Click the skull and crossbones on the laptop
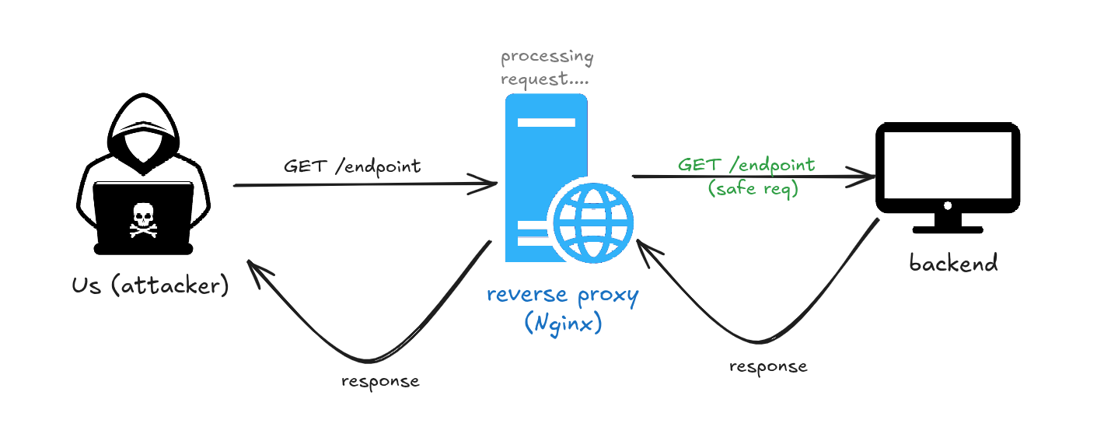143,220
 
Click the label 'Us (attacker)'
150,285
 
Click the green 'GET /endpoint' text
746,165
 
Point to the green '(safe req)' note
752,189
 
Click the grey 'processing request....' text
547,68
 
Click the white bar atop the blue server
547,122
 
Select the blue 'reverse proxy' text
562,296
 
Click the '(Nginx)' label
564,323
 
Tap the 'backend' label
953,263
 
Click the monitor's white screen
948,165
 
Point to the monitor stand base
948,229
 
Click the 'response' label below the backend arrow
768,366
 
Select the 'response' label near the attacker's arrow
380,381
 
